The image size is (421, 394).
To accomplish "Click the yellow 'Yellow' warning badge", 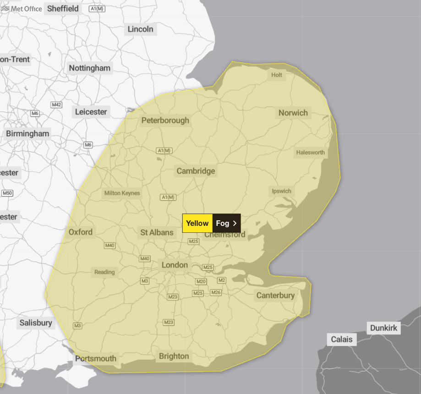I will (x=197, y=223).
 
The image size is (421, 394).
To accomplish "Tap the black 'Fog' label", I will (x=222, y=223).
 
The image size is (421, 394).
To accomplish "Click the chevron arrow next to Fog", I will (x=235, y=223).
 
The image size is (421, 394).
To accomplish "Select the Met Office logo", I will (x=22, y=9).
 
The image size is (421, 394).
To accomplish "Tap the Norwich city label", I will (x=293, y=113).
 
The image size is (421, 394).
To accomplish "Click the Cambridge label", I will (x=196, y=171).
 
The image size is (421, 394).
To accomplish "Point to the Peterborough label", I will (x=165, y=120).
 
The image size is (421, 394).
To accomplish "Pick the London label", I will (x=175, y=265).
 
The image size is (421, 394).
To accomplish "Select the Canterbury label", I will (x=275, y=295).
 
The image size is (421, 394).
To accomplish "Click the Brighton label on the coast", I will (x=174, y=356).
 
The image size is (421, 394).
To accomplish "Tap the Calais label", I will (x=342, y=339).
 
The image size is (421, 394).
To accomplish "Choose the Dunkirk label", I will (x=384, y=328).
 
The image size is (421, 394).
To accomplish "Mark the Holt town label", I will (x=277, y=75).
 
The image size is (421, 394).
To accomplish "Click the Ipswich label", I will (x=281, y=191).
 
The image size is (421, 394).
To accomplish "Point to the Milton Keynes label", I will (x=122, y=193).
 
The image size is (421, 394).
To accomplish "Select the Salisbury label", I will (x=36, y=323).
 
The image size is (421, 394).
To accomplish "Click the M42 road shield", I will (x=56, y=105).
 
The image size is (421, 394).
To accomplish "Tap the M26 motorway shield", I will (x=216, y=292).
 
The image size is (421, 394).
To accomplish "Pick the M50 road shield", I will (x=7, y=193).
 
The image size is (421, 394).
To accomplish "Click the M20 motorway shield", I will (x=201, y=281).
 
